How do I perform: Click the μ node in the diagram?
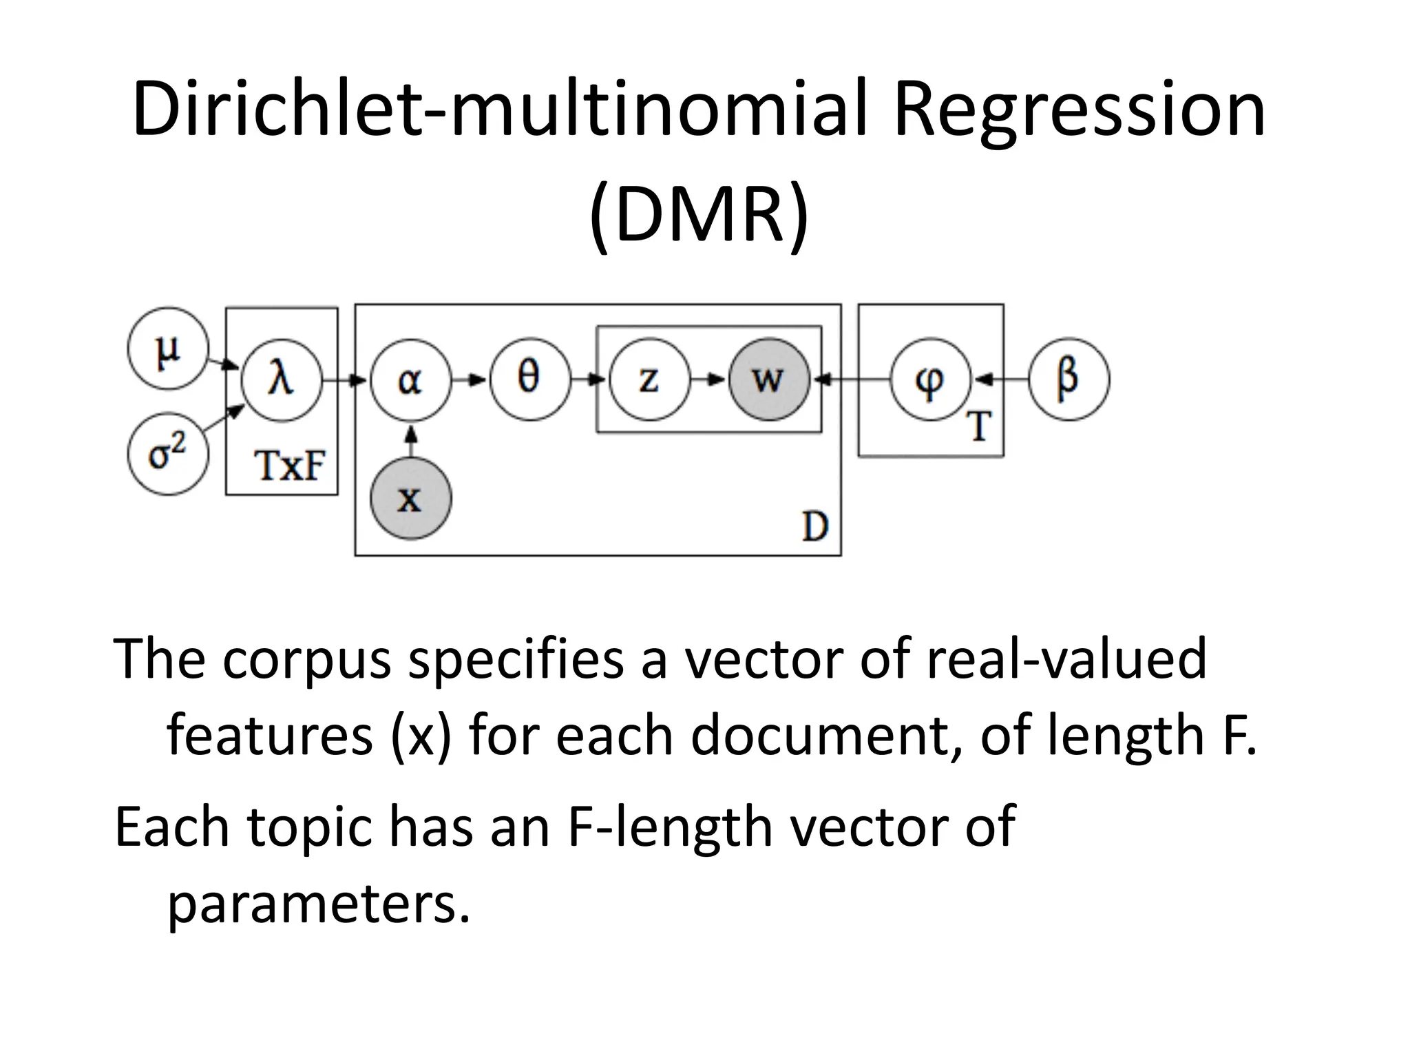pyautogui.click(x=167, y=349)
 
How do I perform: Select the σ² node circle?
pyautogui.click(x=167, y=454)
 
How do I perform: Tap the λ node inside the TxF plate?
pyautogui.click(x=282, y=380)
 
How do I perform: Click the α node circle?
pyautogui.click(x=410, y=380)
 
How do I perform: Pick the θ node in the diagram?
pyautogui.click(x=530, y=380)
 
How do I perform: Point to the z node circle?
pyautogui.click(x=649, y=380)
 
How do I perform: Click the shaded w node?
pyautogui.click(x=769, y=380)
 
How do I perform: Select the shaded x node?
pyautogui.click(x=410, y=499)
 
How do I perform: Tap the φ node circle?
pyautogui.click(x=930, y=380)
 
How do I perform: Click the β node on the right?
pyautogui.click(x=1069, y=380)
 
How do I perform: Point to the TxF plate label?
pyautogui.click(x=289, y=466)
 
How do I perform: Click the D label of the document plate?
pyautogui.click(x=815, y=528)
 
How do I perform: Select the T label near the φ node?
pyautogui.click(x=980, y=426)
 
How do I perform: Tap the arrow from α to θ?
pyautogui.click(x=470, y=380)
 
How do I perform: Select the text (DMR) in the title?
pyautogui.click(x=699, y=215)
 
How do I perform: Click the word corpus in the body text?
pyautogui.click(x=306, y=659)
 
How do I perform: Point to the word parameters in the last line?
pyautogui.click(x=319, y=903)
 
